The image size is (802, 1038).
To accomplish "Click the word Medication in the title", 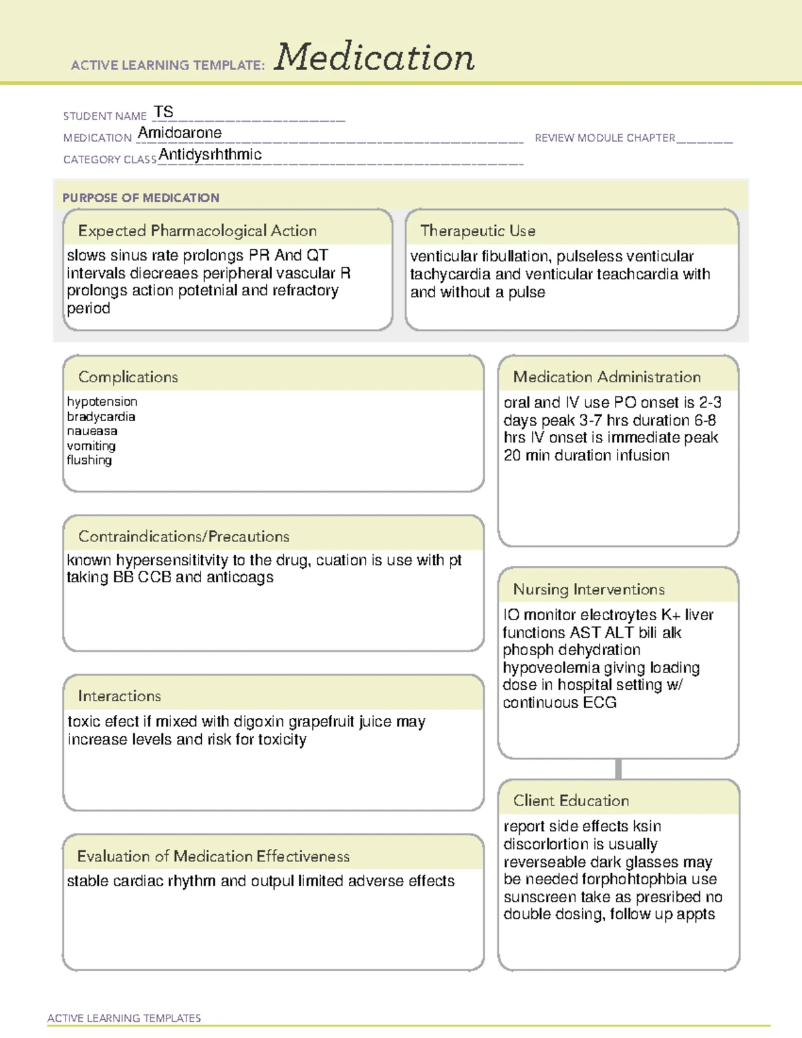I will click(x=374, y=57).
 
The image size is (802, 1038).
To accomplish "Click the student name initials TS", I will click(x=163, y=112).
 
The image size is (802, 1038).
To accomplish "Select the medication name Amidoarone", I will click(x=179, y=133).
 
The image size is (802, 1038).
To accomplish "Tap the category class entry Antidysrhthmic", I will click(x=210, y=154).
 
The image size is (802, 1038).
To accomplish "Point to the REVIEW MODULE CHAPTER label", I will click(x=605, y=138).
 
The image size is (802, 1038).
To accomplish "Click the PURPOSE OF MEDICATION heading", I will click(x=140, y=198).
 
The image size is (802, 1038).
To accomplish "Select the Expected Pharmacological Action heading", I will click(x=197, y=231).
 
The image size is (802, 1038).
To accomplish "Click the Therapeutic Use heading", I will click(x=478, y=231).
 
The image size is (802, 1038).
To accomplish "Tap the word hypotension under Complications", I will click(x=102, y=402).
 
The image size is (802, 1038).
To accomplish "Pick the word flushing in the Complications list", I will click(x=89, y=460).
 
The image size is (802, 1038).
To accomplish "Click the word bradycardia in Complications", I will click(x=101, y=416).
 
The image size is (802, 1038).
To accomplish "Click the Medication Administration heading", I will click(x=607, y=377).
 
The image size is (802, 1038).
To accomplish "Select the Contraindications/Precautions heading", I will click(x=184, y=537).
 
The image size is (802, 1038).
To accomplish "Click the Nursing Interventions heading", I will click(x=589, y=590).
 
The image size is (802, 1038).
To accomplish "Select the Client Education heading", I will click(x=571, y=801).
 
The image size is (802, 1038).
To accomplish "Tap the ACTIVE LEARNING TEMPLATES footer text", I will click(x=124, y=1018).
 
